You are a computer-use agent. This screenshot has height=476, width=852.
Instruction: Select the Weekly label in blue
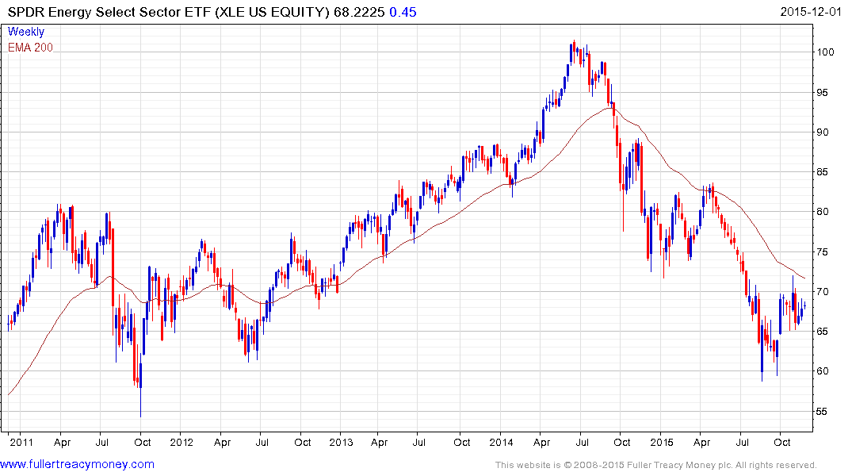coord(26,32)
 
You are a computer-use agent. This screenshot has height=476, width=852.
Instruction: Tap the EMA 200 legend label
coord(30,47)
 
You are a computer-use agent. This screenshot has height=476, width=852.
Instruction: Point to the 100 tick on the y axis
coord(827,52)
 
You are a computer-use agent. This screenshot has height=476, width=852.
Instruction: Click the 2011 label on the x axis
coord(21,442)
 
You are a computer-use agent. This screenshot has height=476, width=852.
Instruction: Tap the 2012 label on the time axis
coord(181,442)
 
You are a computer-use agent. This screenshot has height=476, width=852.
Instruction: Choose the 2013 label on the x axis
coord(341,442)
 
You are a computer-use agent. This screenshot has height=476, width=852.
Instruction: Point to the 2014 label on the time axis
coord(501,442)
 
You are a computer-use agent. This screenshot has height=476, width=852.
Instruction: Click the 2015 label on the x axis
coord(661,442)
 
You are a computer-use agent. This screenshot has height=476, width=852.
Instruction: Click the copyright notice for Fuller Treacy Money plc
coord(655,465)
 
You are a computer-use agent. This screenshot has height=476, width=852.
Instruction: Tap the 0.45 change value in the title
coord(403,12)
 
